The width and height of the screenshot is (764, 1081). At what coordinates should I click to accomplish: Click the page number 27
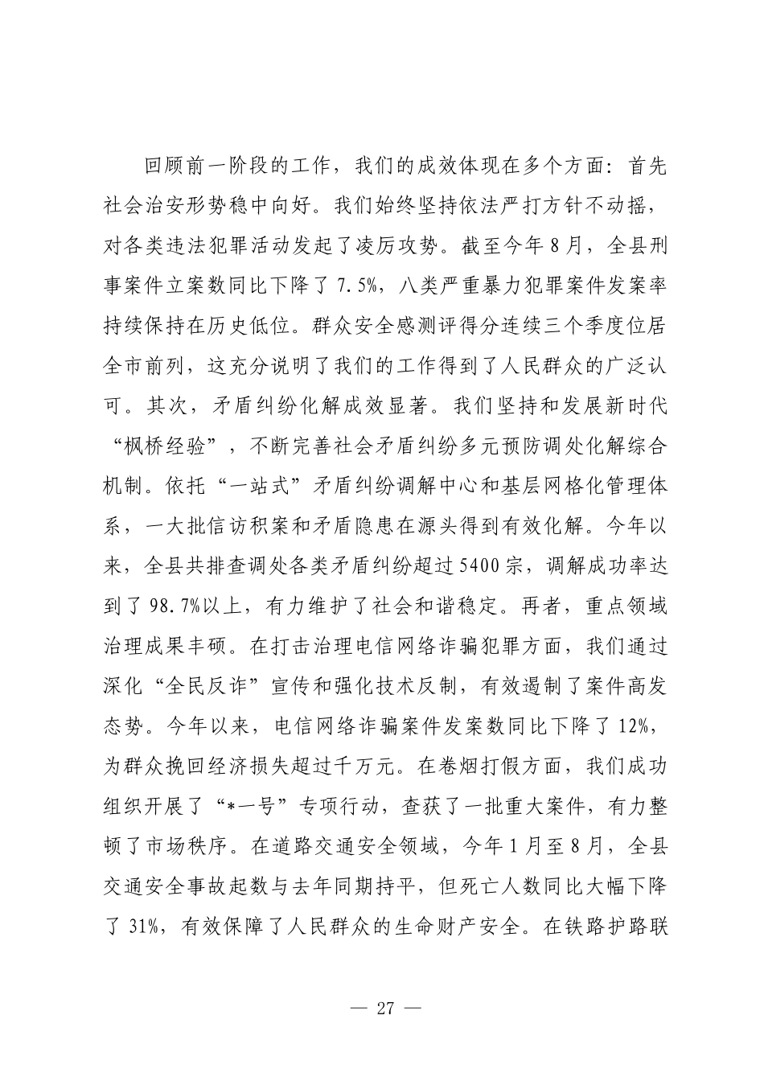385,1009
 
